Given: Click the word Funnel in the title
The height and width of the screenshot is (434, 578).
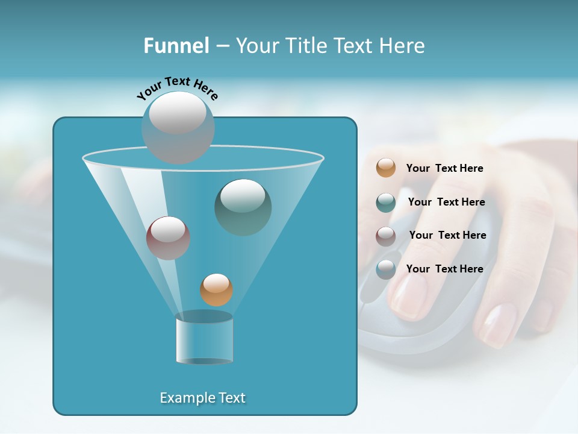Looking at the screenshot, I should click(176, 46).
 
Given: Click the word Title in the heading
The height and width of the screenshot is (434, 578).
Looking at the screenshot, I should click(306, 46).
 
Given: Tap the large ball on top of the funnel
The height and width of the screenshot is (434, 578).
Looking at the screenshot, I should click(178, 127).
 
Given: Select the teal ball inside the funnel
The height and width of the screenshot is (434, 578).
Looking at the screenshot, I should click(243, 207).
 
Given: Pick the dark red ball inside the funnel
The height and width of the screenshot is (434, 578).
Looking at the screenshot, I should click(168, 237).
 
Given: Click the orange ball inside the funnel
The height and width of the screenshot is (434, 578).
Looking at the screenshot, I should click(216, 289).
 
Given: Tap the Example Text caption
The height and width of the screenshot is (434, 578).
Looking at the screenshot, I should click(202, 398).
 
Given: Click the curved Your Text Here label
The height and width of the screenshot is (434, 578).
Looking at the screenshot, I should click(177, 87).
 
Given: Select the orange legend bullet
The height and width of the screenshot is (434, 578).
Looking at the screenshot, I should click(385, 168).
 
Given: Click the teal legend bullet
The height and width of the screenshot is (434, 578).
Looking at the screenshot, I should click(385, 203).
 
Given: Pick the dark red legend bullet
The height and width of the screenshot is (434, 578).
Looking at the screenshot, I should click(385, 236).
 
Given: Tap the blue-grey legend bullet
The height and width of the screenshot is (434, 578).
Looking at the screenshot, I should click(385, 269).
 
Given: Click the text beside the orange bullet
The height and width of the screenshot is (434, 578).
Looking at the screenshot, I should click(444, 168).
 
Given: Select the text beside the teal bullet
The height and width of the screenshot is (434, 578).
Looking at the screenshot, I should click(446, 202).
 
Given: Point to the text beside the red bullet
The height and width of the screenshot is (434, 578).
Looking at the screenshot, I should click(447, 235).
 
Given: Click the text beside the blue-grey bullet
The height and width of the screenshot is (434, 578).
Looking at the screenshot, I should click(444, 269).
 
